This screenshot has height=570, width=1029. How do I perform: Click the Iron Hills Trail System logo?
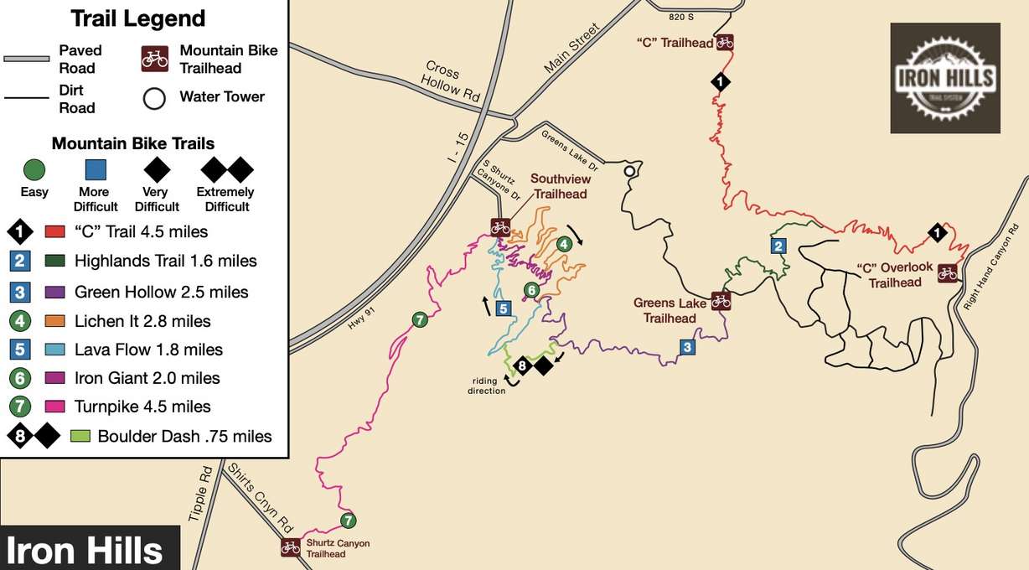point(944,78)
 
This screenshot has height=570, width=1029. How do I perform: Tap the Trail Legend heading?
point(137,18)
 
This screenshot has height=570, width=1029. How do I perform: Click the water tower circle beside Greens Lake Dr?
point(628,172)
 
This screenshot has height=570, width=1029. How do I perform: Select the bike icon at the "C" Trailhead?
point(724,42)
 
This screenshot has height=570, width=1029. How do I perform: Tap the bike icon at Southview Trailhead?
point(500,226)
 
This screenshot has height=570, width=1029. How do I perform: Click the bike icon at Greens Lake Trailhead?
point(720,301)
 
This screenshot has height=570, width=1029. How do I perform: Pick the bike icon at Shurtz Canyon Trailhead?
point(290,547)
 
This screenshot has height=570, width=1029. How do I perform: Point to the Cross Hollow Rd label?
point(452,81)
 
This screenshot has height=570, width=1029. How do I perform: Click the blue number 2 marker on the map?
point(778,246)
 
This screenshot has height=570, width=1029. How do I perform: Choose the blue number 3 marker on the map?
point(687,347)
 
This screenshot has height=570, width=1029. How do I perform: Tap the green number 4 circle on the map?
point(566,244)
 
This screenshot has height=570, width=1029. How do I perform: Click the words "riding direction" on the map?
point(489,386)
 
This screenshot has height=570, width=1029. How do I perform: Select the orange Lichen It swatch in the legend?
point(55,321)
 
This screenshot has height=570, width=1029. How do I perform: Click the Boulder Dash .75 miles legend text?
point(184,436)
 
